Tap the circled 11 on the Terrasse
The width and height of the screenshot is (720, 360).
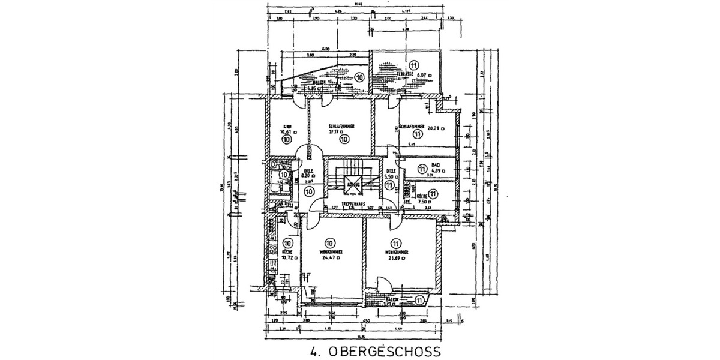413,64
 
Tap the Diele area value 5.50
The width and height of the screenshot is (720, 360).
391,178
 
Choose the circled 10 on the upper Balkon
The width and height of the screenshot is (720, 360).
359,77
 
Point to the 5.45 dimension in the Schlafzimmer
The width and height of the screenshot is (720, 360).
412,145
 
